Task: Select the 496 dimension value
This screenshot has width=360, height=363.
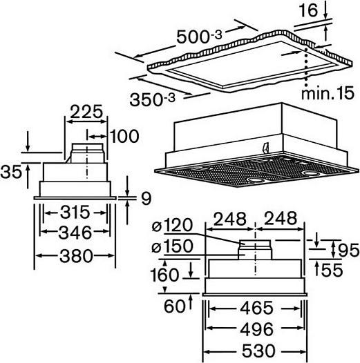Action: pos(257,329)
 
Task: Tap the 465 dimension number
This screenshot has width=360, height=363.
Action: pos(256,308)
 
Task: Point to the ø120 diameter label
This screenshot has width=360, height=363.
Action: pos(172,225)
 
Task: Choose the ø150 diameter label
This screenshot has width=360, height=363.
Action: pos(172,246)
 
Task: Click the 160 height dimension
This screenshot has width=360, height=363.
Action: pos(164,275)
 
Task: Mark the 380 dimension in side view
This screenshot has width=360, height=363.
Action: pos(76,256)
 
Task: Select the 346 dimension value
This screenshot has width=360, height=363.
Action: pos(75,233)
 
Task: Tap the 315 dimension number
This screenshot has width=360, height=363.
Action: pos(75,212)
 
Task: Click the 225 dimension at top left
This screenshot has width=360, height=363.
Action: pos(86,112)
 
